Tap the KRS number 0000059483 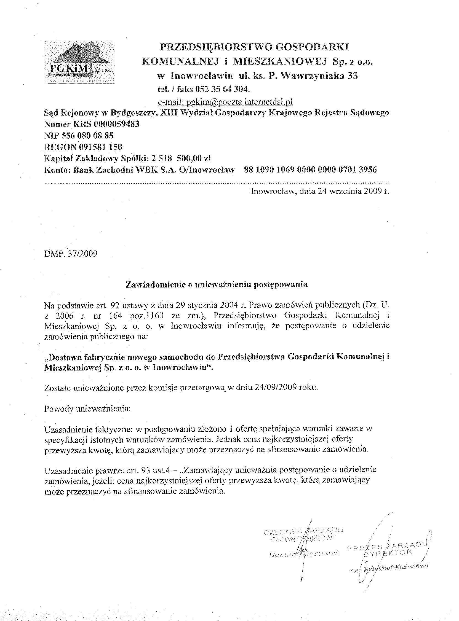[116, 124]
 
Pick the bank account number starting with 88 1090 [310, 170]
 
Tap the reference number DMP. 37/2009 [71, 254]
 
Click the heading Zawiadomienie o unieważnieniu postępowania [217, 285]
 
